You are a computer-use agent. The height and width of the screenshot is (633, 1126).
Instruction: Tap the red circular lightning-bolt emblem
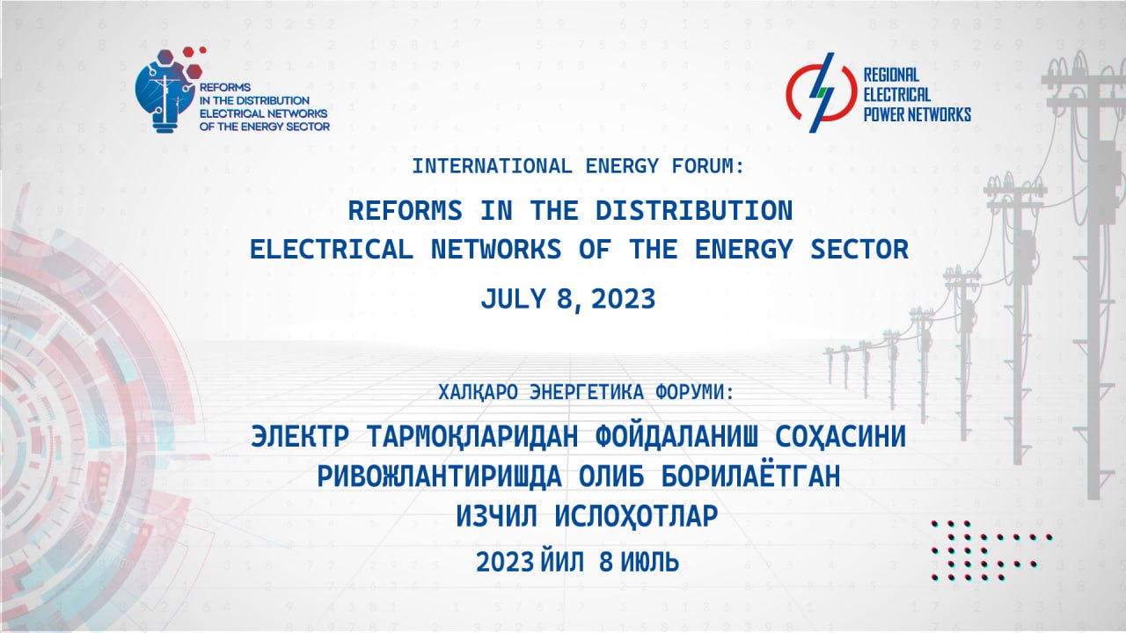822,93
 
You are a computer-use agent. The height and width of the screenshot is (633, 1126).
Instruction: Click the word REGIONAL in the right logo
891,76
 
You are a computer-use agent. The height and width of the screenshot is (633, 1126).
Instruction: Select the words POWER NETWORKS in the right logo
917,114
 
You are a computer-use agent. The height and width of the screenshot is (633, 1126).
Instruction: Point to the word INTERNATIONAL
492,166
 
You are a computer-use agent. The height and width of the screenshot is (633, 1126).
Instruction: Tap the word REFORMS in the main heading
406,210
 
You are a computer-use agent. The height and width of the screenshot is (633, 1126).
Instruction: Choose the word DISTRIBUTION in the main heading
694,210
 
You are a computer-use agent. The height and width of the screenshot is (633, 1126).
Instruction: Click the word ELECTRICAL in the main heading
332,249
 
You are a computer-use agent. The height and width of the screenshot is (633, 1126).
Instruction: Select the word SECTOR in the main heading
859,249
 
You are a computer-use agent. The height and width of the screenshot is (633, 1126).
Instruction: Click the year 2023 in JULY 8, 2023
624,299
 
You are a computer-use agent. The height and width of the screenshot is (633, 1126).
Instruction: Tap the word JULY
513,299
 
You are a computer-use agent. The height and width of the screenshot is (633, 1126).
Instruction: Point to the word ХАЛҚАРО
478,392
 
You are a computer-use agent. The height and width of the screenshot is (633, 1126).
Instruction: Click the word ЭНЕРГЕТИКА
587,392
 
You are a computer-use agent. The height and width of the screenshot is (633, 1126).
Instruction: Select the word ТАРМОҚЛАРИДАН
473,437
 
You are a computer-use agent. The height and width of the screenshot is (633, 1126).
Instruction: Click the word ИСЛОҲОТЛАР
636,516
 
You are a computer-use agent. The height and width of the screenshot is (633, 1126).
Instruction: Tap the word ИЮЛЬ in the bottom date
650,562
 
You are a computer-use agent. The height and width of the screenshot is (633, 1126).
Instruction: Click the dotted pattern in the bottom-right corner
991,551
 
